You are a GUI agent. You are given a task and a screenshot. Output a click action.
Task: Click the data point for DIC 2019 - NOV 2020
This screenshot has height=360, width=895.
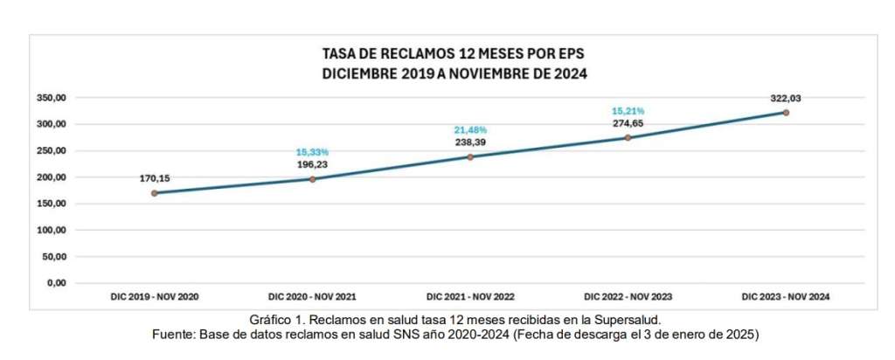tap(154, 193)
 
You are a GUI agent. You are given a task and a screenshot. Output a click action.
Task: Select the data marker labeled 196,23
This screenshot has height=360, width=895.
tap(312, 179)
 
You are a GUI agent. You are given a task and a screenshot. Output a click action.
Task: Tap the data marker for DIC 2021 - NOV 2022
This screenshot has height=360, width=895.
tap(469, 157)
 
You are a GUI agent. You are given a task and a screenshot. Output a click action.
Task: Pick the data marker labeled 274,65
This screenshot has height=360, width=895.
tap(628, 137)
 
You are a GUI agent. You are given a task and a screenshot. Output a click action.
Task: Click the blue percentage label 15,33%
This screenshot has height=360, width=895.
tap(312, 152)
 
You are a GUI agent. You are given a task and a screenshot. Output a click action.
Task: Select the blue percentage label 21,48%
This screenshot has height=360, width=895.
tap(470, 131)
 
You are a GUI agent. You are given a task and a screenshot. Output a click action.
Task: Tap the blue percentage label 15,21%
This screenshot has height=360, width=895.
tap(628, 111)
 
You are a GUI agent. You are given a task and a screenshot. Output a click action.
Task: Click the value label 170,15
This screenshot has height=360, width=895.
tap(155, 178)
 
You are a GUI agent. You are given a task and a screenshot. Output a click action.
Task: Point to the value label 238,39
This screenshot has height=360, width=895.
tap(470, 142)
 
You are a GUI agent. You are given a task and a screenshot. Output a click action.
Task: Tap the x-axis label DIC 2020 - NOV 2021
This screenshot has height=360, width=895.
tap(312, 297)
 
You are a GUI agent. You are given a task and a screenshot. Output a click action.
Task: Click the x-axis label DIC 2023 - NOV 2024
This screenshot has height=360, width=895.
tap(786, 297)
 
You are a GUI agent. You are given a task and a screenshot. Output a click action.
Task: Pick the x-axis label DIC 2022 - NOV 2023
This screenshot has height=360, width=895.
tap(628, 297)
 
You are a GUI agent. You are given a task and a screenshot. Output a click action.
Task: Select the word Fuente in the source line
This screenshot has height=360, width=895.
tap(172, 335)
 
